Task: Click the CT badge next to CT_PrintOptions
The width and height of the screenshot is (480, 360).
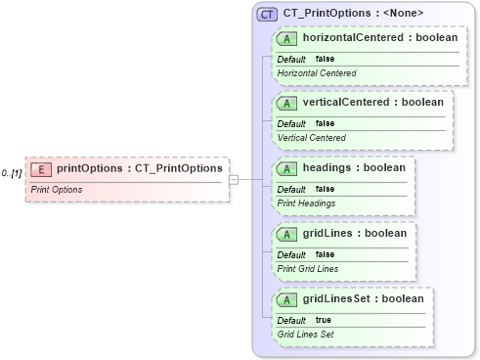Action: pos(267,15)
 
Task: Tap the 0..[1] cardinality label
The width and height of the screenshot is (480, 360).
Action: pos(12,173)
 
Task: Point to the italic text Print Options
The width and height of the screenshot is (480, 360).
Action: pos(56,189)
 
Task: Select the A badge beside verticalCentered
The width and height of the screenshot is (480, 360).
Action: pos(287,103)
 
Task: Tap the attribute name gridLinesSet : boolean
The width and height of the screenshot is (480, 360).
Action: pos(363,299)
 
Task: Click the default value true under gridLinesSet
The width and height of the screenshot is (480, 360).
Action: pos(322,320)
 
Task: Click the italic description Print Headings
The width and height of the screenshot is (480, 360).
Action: pos(307,203)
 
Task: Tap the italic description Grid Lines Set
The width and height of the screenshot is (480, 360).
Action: pos(306,334)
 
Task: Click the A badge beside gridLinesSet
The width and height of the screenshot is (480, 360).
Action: pos(287,299)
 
